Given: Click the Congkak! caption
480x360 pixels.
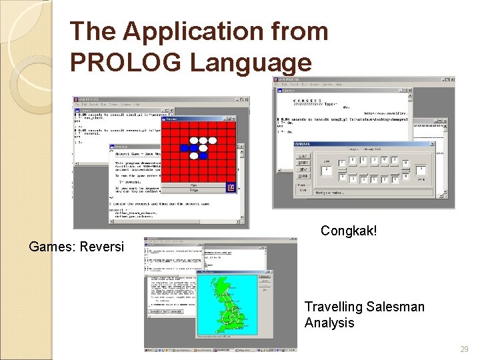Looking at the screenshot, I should (x=349, y=231).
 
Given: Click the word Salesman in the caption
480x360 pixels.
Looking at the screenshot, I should (x=394, y=307).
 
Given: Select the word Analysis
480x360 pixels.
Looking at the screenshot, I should (x=329, y=323).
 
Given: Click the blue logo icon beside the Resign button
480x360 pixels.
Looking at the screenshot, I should (x=231, y=187).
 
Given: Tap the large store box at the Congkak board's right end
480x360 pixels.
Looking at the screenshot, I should (x=421, y=171).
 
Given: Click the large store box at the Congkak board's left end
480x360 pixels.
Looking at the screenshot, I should (x=327, y=171).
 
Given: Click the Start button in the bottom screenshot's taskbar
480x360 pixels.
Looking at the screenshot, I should (x=151, y=348).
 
